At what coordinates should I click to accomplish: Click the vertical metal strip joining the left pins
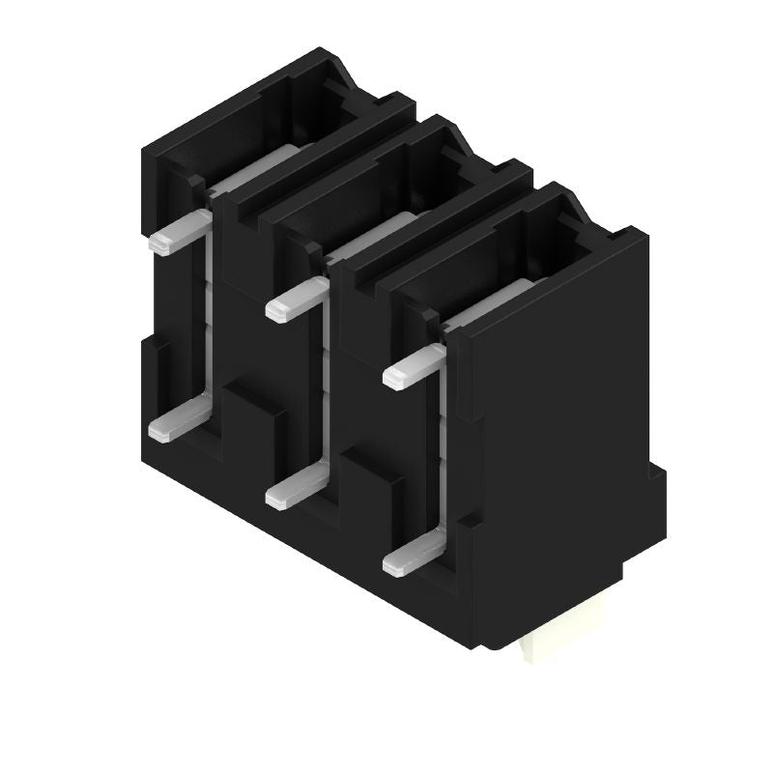pyautogui.click(x=208, y=319)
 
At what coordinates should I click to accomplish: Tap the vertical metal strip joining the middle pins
pyautogui.click(x=325, y=386)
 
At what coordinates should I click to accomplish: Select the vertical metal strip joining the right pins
pyautogui.click(x=441, y=454)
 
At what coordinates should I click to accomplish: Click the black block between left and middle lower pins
pyautogui.click(x=253, y=425)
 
